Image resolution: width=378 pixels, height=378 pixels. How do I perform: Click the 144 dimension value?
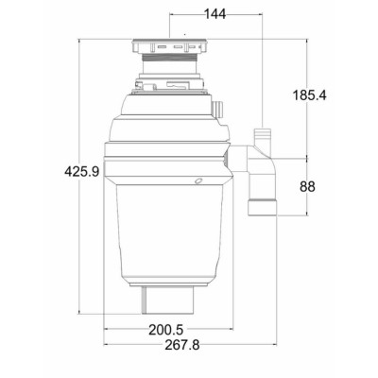pos(215,14)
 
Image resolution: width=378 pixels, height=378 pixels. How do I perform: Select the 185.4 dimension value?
pos(310,95)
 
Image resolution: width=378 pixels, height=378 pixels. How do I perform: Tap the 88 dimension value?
pos(307,187)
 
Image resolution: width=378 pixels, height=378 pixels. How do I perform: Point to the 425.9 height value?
pos(82,172)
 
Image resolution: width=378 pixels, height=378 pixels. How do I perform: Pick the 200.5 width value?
pos(166,330)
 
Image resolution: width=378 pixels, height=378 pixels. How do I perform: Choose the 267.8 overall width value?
pos(182,345)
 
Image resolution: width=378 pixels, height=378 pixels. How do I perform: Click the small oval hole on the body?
pos(198,180)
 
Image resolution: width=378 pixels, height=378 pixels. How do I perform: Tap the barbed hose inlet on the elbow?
pos(263,137)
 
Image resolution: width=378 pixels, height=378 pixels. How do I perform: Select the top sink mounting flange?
pos(169,46)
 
